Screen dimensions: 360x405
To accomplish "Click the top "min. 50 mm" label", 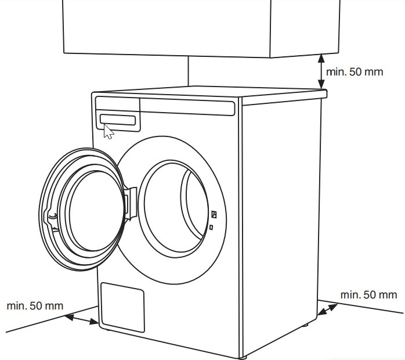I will tap(355, 72).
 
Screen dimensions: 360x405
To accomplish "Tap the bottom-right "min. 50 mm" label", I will tap(368, 295).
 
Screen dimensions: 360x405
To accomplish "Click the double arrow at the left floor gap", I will tap(81, 318).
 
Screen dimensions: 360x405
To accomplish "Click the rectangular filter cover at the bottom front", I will tap(122, 306).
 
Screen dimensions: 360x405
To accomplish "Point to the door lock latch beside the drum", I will tap(214, 215).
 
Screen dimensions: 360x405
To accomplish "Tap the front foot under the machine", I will tap(244, 355).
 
